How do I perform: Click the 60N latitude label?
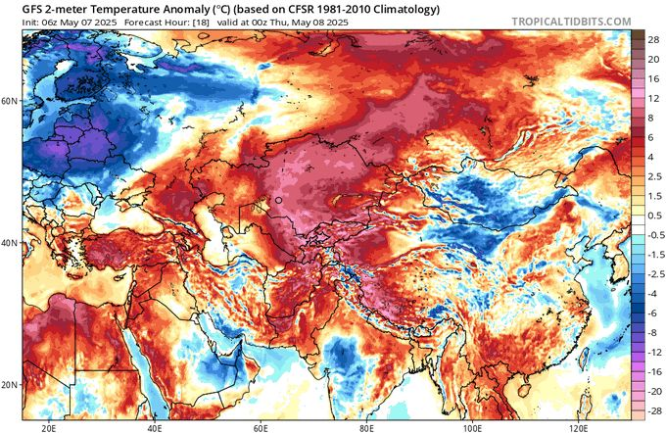[x=10, y=101]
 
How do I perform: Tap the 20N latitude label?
[x=10, y=385]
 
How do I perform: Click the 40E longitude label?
[x=155, y=427]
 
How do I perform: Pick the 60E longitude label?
[x=262, y=427]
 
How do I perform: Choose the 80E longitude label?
[x=368, y=427]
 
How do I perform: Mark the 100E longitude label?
[x=474, y=427]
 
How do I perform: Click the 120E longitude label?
[x=580, y=427]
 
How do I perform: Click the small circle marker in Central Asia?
[x=278, y=200]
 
